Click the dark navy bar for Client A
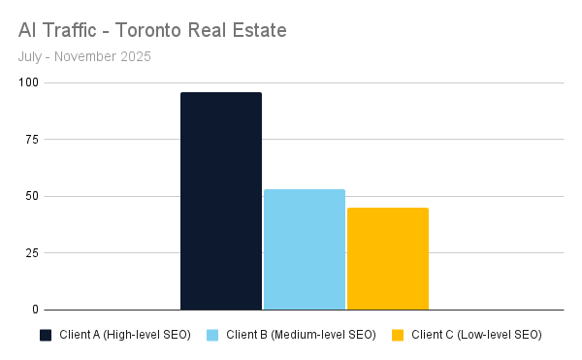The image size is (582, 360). (x=221, y=201)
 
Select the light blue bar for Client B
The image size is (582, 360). (x=305, y=249)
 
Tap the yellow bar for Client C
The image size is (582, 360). (x=388, y=258)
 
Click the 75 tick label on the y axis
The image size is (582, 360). (x=32, y=140)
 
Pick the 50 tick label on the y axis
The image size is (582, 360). (x=32, y=197)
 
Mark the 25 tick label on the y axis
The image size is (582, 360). (x=32, y=253)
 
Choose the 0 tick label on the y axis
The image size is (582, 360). (x=35, y=310)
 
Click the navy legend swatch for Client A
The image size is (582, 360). (x=45, y=336)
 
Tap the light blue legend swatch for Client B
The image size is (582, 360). (x=211, y=336)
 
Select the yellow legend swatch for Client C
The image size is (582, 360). (x=397, y=336)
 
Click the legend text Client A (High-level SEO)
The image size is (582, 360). (x=125, y=336)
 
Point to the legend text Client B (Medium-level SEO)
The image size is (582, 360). (x=301, y=336)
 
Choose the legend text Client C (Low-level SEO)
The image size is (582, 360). (x=476, y=336)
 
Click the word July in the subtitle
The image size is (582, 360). (x=30, y=56)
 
